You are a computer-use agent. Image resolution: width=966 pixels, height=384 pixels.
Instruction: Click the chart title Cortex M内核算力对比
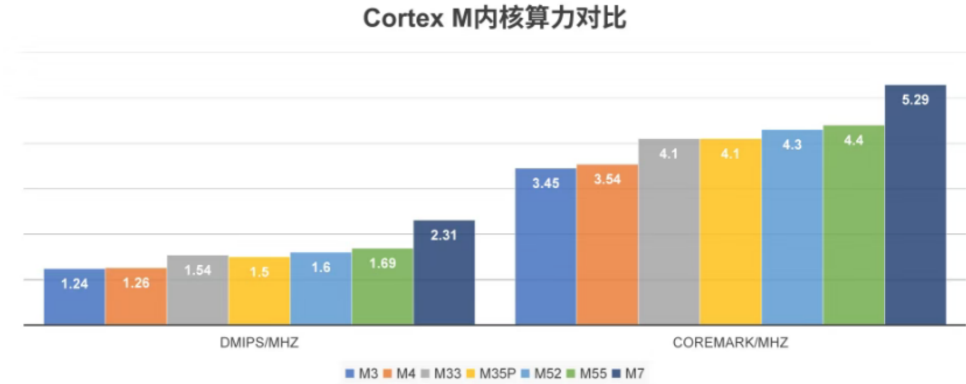[x=494, y=18]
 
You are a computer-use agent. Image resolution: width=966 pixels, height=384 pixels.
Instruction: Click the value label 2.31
[x=443, y=235]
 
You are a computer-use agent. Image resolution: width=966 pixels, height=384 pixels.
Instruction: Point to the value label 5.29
[x=915, y=100]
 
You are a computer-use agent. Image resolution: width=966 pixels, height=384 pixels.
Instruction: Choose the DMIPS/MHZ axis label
[x=259, y=343]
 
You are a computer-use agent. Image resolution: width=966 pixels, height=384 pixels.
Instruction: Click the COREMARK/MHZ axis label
[x=730, y=343]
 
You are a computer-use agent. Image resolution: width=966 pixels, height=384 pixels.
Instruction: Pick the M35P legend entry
[x=491, y=374]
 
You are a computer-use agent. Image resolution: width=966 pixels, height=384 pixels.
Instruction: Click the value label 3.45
[x=545, y=183]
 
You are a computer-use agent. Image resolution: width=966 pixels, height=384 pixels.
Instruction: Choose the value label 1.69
[x=383, y=263]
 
